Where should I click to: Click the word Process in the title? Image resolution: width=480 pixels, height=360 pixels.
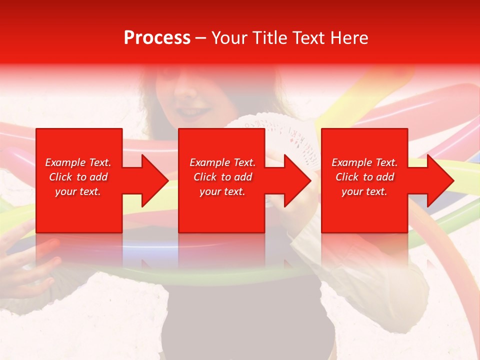(157, 38)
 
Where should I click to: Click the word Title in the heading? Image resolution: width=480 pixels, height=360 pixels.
(269, 38)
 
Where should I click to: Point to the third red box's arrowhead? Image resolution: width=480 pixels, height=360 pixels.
(437, 180)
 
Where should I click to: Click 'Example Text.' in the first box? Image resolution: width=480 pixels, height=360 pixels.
(78, 162)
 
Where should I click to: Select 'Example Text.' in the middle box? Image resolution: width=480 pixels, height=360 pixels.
(222, 162)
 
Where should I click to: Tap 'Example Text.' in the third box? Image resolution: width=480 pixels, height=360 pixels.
(364, 162)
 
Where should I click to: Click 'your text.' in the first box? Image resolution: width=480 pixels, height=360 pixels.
(78, 191)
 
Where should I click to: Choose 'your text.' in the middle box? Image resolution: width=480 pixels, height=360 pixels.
(222, 191)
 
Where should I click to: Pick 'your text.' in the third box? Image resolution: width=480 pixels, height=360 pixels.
(364, 191)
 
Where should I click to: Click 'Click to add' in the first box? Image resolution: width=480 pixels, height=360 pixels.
(78, 177)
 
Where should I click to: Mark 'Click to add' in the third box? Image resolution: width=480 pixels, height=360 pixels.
(364, 177)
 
